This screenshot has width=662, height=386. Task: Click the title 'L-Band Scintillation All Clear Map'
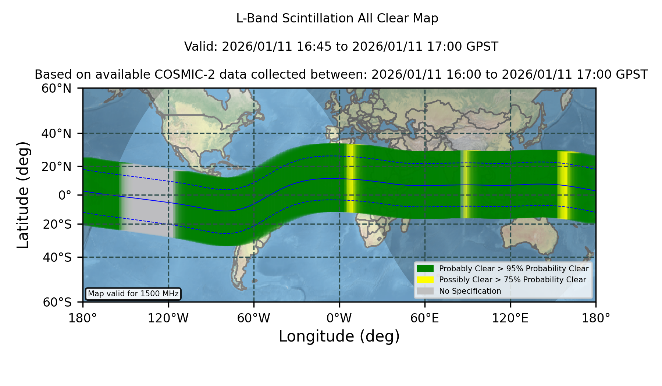tap(337, 18)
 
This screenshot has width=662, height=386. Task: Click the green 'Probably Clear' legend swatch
tap(425, 269)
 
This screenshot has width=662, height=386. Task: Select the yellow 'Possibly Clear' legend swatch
tap(425, 280)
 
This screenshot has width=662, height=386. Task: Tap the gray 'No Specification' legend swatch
tap(425, 291)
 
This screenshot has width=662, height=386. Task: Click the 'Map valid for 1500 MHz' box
tap(133, 294)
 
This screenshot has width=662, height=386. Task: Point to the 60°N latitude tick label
tap(56, 89)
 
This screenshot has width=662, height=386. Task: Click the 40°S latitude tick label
tap(57, 257)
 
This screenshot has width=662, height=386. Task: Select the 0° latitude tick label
tap(65, 195)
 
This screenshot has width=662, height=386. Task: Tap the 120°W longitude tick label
tap(168, 318)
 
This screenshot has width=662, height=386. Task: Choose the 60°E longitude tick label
tap(425, 318)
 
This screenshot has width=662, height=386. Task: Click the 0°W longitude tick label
tap(339, 318)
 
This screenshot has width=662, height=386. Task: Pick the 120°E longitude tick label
tap(510, 318)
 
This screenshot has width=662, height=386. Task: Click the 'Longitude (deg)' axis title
tap(339, 336)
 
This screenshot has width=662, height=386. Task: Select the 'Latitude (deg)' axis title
tap(23, 195)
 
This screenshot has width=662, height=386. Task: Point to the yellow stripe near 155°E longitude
tap(563, 185)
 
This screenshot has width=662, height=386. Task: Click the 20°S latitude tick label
tap(57, 224)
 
